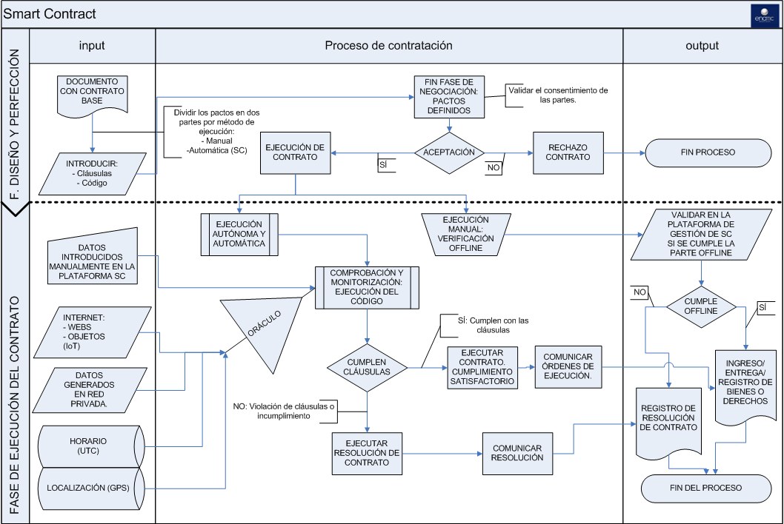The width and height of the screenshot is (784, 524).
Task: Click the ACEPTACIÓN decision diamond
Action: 449,152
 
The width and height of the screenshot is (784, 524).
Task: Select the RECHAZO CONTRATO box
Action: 568,152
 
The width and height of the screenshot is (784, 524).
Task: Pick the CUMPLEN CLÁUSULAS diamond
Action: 368,366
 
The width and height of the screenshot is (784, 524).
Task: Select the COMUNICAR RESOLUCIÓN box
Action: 516,452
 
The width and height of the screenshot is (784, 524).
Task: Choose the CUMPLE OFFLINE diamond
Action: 701,306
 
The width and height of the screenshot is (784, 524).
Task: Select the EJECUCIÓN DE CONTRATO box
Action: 296,152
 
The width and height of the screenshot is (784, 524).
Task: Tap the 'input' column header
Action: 92,45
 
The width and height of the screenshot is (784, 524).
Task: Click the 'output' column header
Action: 702,45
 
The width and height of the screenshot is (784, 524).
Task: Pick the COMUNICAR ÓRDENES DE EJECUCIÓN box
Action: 568,366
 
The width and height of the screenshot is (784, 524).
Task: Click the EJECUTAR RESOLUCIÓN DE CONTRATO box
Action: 368,452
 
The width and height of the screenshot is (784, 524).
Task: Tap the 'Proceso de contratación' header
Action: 388,45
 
